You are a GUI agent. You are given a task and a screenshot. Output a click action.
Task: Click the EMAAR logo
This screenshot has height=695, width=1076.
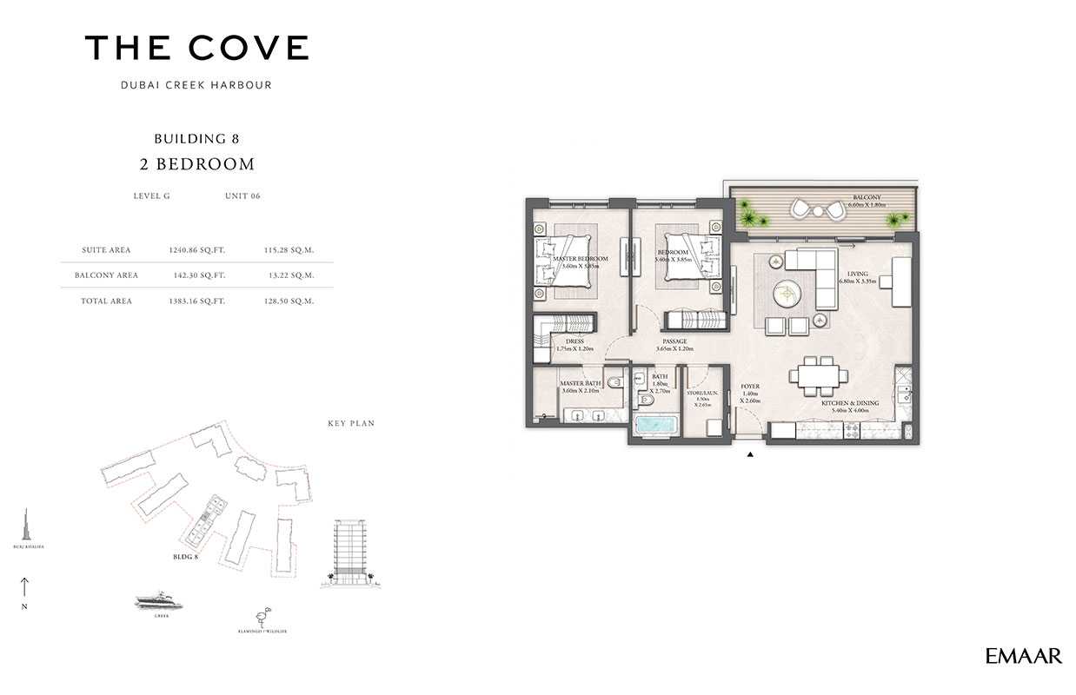click(1023, 656)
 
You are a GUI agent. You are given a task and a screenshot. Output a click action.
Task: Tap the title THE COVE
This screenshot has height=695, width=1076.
click(196, 48)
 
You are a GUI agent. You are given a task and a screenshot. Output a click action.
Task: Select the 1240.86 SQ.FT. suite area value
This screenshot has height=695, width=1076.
click(197, 250)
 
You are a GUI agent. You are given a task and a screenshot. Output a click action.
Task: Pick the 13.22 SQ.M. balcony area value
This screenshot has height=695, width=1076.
click(289, 275)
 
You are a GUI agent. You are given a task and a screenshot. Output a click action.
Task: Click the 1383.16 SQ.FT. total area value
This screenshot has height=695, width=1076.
click(197, 301)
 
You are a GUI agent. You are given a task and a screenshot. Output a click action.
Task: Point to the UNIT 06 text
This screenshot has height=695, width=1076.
click(242, 196)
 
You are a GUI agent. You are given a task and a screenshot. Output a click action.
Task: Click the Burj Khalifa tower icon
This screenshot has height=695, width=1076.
click(28, 526)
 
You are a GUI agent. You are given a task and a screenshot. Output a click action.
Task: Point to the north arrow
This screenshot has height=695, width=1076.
click(25, 587)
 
